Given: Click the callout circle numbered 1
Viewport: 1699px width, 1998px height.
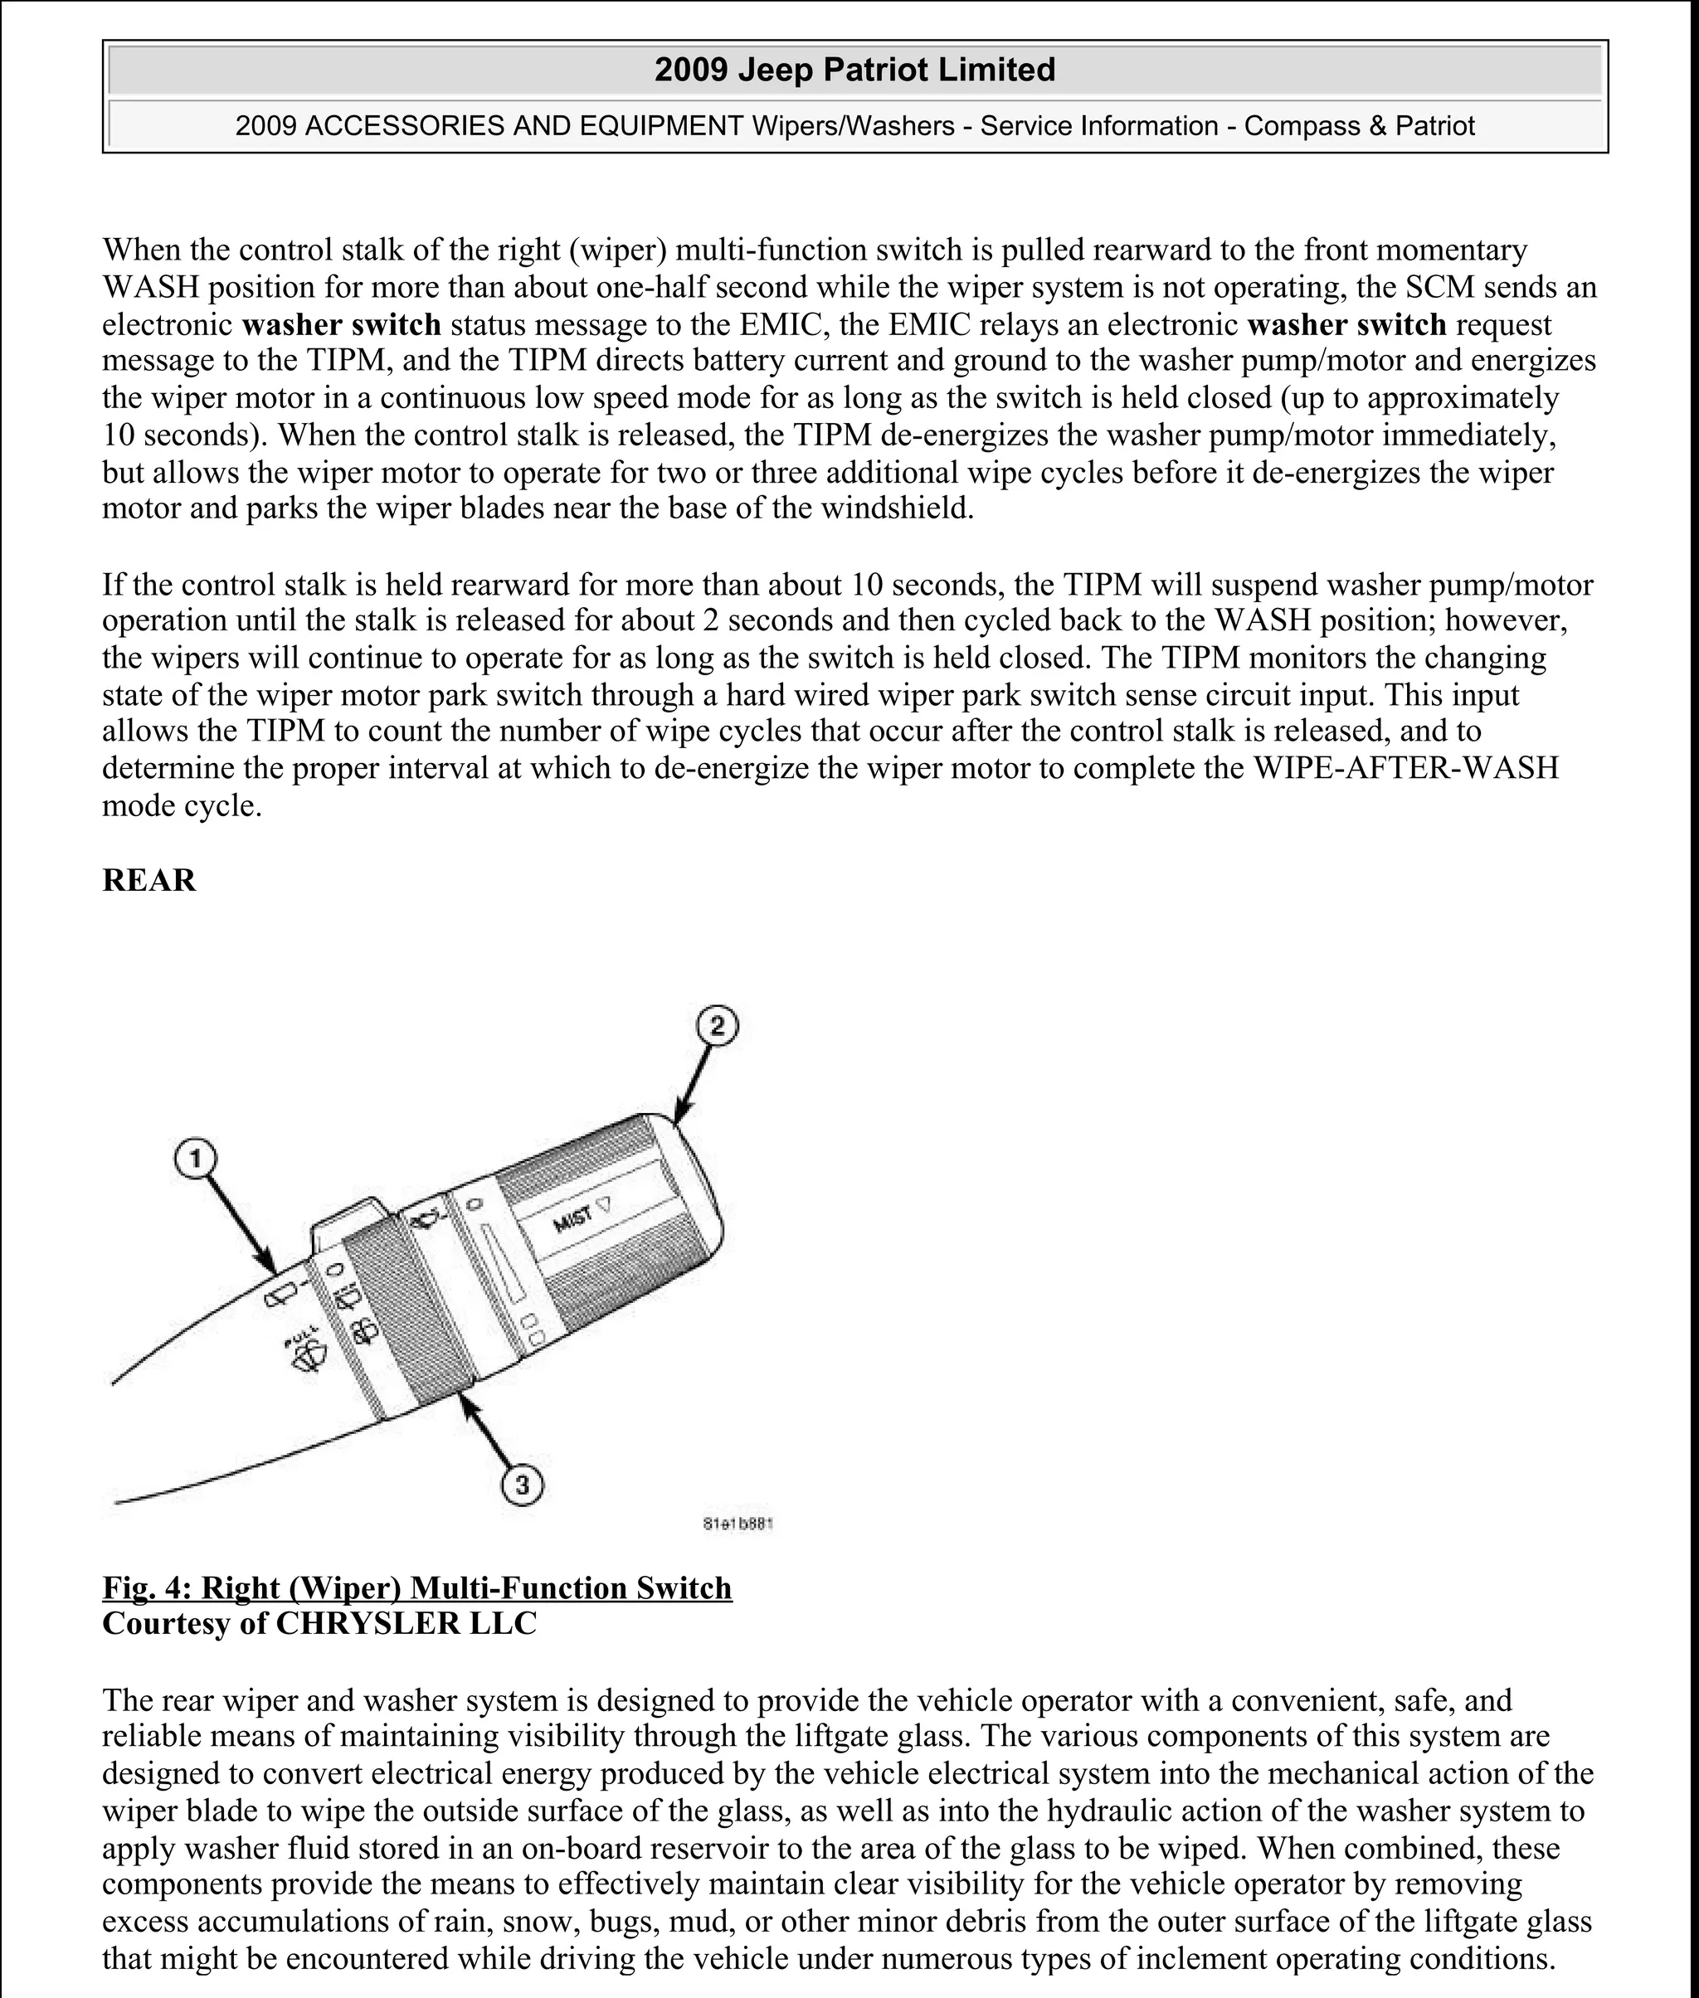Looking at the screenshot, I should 196,1159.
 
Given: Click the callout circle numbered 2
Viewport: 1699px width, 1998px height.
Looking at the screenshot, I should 717,1027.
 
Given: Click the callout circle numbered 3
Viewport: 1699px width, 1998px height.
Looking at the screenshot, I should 522,1485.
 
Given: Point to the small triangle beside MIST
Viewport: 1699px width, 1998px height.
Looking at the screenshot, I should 605,1203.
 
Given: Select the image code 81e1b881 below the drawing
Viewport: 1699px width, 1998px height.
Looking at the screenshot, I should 738,1524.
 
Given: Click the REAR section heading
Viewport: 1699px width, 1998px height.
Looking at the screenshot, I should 148,880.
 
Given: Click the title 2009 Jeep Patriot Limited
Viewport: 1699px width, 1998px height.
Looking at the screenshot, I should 854,70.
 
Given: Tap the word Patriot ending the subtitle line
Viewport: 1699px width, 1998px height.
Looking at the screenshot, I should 1434,126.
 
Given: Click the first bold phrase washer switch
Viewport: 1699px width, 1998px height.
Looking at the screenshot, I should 341,324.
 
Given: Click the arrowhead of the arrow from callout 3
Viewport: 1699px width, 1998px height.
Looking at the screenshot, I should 467,1401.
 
